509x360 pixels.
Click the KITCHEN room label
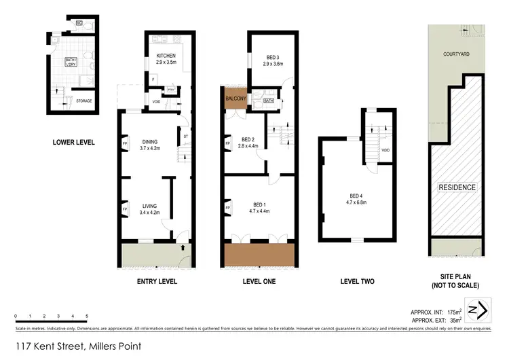166,56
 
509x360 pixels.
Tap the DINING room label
148,142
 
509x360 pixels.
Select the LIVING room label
148,206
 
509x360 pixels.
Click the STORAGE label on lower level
83,101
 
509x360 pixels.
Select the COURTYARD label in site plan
457,53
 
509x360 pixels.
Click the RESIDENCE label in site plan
457,187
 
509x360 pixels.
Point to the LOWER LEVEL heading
73,143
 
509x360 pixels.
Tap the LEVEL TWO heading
356,281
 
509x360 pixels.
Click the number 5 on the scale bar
87,317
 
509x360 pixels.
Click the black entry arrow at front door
182,249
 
